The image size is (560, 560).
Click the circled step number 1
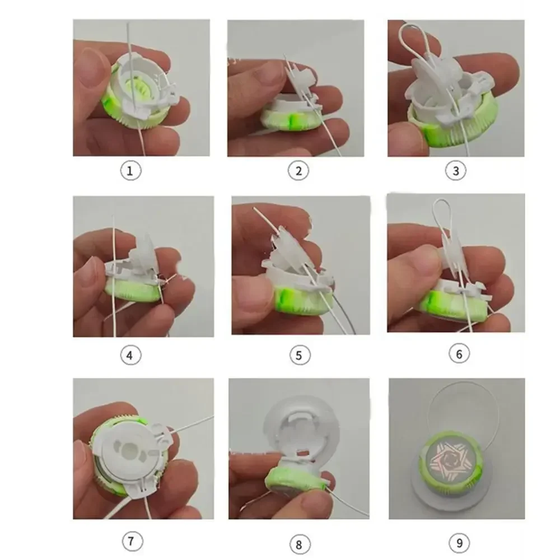click(130, 170)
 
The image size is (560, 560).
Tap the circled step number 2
click(298, 170)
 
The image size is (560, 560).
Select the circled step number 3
click(456, 170)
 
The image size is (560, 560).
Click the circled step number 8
click(299, 544)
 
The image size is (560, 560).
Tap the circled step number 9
click(459, 543)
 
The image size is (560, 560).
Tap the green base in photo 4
click(132, 290)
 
